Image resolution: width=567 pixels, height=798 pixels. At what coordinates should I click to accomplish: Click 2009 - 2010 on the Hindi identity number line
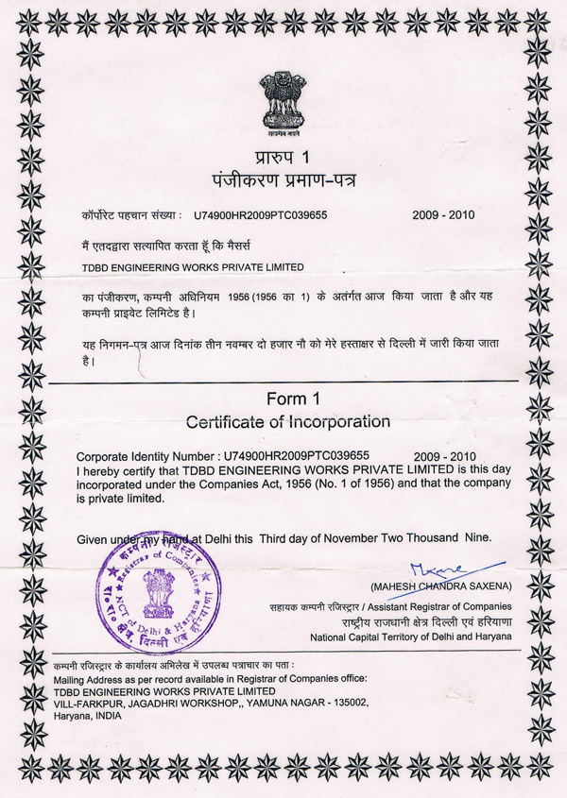click(x=443, y=214)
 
